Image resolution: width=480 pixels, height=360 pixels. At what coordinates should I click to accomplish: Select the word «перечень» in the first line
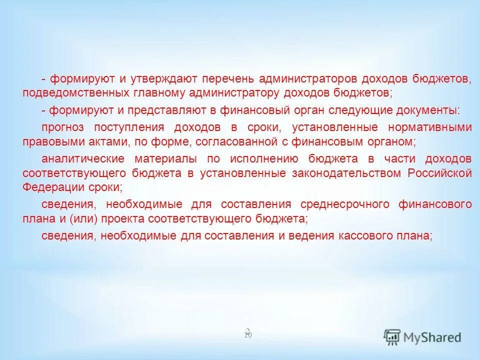228,79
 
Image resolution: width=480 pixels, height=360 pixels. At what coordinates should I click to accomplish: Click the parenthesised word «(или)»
79,218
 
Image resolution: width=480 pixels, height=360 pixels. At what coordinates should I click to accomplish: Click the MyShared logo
422,336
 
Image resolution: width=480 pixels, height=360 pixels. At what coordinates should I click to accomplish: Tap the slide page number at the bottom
248,333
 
